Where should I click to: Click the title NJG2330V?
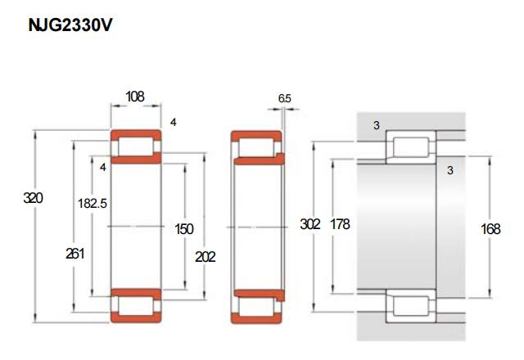coord(70,25)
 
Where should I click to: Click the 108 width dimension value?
coord(135,97)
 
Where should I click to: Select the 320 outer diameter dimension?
coord(33,198)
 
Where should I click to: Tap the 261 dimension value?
coord(75,254)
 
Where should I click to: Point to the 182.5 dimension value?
coord(93,204)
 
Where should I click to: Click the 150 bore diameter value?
coord(184,229)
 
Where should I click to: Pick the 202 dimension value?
coord(206,257)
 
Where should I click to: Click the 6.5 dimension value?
coord(285,98)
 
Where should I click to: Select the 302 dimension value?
coord(310,224)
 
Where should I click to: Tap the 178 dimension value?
coord(340,224)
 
